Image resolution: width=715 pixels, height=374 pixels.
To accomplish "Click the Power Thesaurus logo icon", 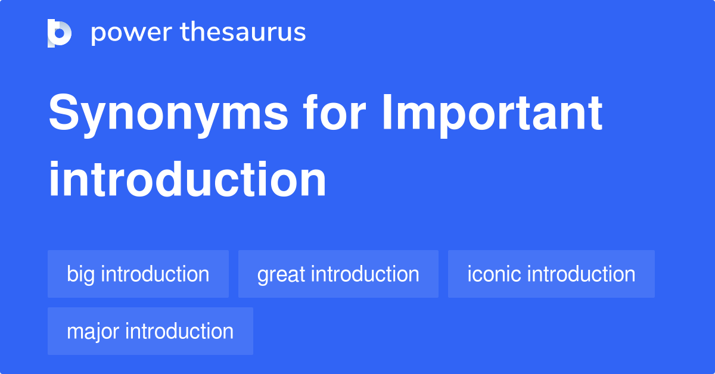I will (x=60, y=33).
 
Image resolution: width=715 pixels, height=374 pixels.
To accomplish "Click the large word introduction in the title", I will (x=187, y=179).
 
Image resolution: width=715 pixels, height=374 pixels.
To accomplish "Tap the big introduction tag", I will (x=138, y=274).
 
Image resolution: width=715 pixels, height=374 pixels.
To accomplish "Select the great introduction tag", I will (x=338, y=274).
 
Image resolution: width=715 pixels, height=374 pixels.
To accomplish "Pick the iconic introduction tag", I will (x=551, y=274).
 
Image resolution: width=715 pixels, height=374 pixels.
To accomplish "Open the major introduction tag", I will (x=150, y=331).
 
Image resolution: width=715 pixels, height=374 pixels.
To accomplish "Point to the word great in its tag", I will (x=281, y=275).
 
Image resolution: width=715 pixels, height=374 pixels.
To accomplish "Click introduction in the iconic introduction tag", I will (x=582, y=274).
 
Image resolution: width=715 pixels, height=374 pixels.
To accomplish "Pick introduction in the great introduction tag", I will (x=365, y=274).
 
